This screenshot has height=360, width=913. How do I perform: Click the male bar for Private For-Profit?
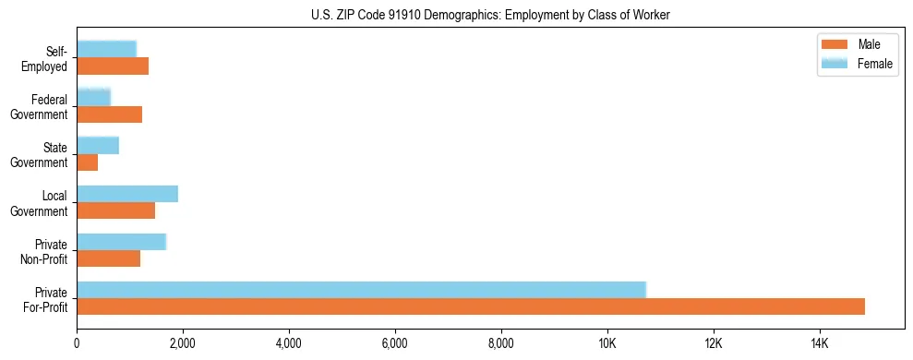tap(471, 306)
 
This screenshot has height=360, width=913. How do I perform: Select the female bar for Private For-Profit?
tap(361, 289)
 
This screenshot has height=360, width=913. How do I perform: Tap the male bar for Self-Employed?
tap(113, 66)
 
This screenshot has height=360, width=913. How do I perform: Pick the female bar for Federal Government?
tap(93, 96)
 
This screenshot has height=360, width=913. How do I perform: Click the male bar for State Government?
tap(88, 162)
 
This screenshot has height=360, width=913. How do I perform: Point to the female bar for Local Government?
tap(127, 193)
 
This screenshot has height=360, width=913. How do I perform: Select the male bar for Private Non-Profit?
tap(109, 258)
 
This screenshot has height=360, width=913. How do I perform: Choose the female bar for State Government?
tap(98, 145)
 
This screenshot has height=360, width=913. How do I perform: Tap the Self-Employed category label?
tap(46, 58)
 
